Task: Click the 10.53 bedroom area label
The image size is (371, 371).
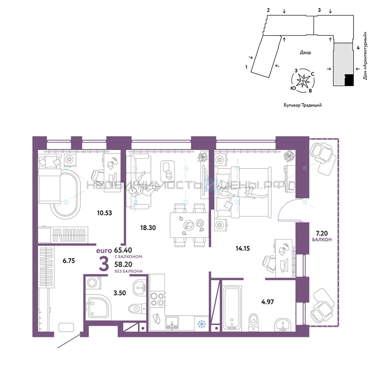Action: pos(104,213)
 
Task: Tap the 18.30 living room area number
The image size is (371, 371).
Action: pos(148,228)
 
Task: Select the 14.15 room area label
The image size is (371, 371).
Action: pos(243,249)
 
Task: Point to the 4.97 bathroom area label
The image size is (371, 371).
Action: pos(267,302)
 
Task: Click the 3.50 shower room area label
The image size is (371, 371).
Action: pos(120,293)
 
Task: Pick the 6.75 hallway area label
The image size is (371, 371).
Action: pos(69,261)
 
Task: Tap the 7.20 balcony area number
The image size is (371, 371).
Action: pos(322,233)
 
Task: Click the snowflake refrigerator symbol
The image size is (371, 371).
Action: pos(201,324)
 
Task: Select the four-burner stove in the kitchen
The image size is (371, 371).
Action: pos(157,299)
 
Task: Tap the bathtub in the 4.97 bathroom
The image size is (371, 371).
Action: pos(232,308)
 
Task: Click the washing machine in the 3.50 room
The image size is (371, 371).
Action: pos(92,282)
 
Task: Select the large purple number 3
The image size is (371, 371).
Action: pos(104,264)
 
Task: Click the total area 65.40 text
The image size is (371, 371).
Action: pos(123,250)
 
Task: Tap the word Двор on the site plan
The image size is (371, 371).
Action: pos(305,53)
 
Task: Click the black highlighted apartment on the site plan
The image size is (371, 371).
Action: pos(349,80)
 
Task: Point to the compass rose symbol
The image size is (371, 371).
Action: pos(303,81)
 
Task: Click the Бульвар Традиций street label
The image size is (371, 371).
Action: pos(303,105)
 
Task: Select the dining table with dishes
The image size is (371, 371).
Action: pos(189,225)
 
